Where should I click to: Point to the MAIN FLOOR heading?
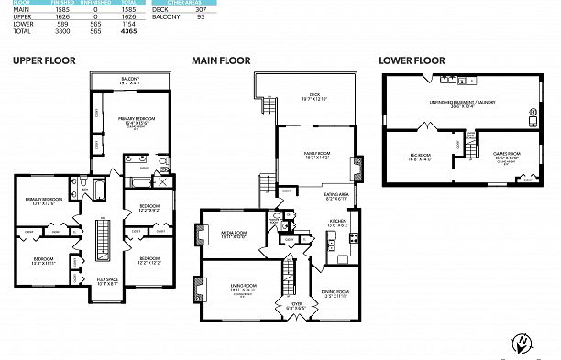tap(221, 60)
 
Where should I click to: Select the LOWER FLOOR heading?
tap(412, 60)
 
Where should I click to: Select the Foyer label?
tap(296, 305)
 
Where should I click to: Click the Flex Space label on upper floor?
tap(107, 280)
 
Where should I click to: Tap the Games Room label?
tap(506, 156)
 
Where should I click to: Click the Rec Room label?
tap(421, 158)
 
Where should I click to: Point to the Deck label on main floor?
tap(313, 95)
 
